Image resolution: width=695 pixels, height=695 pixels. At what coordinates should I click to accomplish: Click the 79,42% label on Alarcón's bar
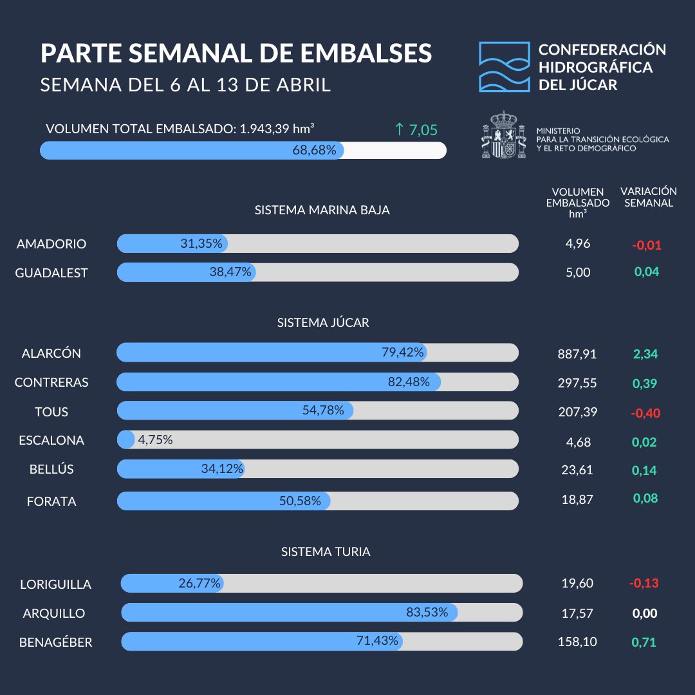[x=403, y=353]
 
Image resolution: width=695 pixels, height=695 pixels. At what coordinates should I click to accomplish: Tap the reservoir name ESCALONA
[x=51, y=441]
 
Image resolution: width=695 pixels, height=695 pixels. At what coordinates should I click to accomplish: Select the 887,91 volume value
[x=577, y=354]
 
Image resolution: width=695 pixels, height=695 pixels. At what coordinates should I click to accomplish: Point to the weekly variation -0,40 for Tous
[x=645, y=412]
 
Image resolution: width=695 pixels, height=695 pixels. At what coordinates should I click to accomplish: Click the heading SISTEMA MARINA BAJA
[x=322, y=210]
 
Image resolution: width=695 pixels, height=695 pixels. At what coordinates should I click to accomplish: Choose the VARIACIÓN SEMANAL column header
[x=648, y=197]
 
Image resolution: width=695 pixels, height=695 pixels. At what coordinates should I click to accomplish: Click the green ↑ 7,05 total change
[x=416, y=130]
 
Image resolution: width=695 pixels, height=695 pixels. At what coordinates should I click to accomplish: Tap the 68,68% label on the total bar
[x=315, y=151]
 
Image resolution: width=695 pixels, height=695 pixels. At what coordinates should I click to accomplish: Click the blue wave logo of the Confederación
[x=504, y=67]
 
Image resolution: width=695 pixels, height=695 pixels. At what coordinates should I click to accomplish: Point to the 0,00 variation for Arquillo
[x=645, y=613]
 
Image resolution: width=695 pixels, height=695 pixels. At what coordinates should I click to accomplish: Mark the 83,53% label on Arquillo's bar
[x=427, y=613]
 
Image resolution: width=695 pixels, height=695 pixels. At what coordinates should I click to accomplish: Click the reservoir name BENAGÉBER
[x=55, y=642]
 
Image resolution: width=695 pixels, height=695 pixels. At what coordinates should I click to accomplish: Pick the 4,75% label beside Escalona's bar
[x=155, y=440]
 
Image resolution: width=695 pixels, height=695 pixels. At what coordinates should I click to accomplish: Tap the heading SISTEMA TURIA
[x=326, y=552]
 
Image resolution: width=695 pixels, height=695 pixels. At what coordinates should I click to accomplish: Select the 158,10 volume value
[x=577, y=642]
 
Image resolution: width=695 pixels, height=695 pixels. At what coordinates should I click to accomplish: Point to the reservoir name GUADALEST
[x=51, y=273]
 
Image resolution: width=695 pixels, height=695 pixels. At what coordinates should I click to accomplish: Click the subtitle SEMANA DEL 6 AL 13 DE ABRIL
[x=185, y=85]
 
